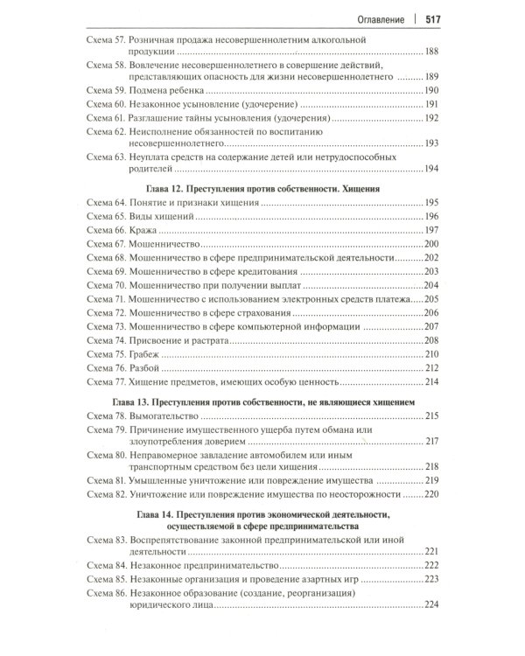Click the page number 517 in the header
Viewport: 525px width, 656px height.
point(437,17)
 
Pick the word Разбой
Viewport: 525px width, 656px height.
point(146,368)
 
